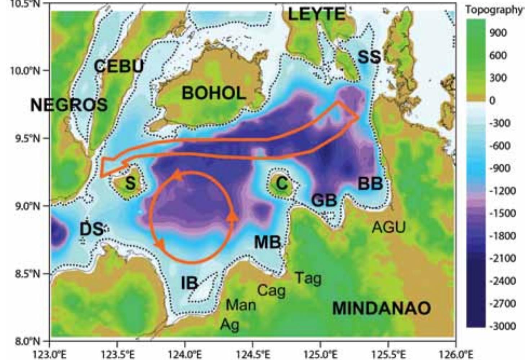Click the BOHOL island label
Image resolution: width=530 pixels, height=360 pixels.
[x=214, y=93]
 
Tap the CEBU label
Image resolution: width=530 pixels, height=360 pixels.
[x=119, y=66]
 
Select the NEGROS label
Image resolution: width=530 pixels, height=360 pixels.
[x=69, y=105]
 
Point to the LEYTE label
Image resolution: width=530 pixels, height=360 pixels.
[x=316, y=14]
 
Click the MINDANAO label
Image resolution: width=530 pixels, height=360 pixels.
[x=381, y=308]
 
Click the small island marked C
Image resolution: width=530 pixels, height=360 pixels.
[x=282, y=184]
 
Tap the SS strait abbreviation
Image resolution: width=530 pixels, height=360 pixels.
[x=369, y=57]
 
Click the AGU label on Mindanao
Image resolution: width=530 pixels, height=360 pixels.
[x=389, y=227]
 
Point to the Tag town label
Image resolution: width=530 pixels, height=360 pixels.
[x=308, y=278]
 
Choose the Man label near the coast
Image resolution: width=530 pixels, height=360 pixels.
[x=241, y=305]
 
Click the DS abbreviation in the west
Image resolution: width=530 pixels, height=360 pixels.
[x=92, y=230]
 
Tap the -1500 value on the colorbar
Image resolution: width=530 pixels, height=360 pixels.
[x=503, y=213]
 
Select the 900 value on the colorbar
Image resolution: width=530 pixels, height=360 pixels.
[x=498, y=33]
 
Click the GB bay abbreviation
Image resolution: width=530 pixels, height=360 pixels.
[x=324, y=200]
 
